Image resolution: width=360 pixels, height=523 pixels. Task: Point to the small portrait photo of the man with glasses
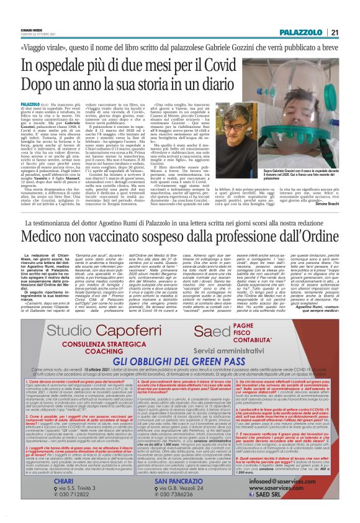(x=225, y=141)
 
